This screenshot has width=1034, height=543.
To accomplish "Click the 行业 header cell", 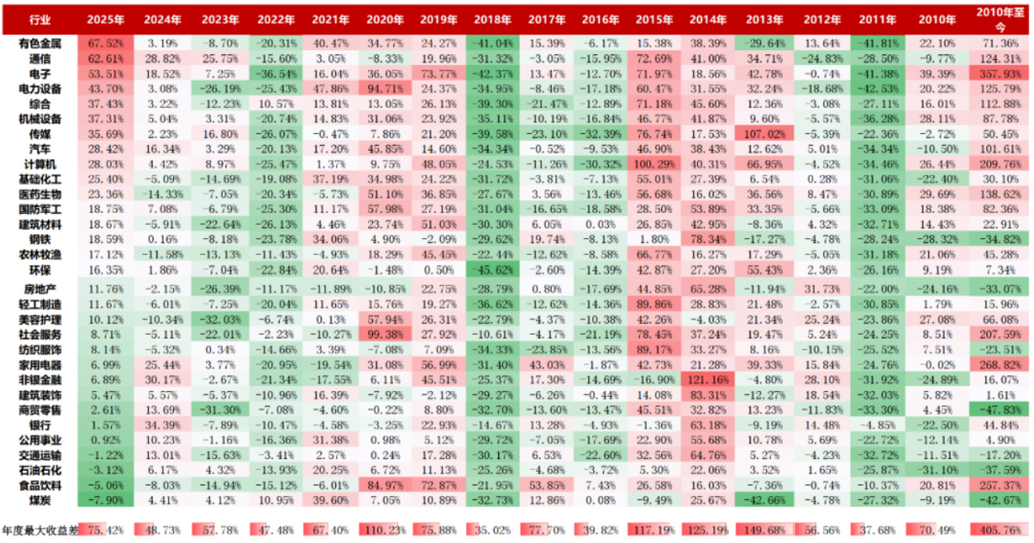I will point(38,19).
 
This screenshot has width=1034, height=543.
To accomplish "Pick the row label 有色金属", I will point(38,42).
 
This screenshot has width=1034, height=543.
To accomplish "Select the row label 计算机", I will point(38,165).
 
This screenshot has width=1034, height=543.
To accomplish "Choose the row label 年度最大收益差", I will point(38,530).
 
